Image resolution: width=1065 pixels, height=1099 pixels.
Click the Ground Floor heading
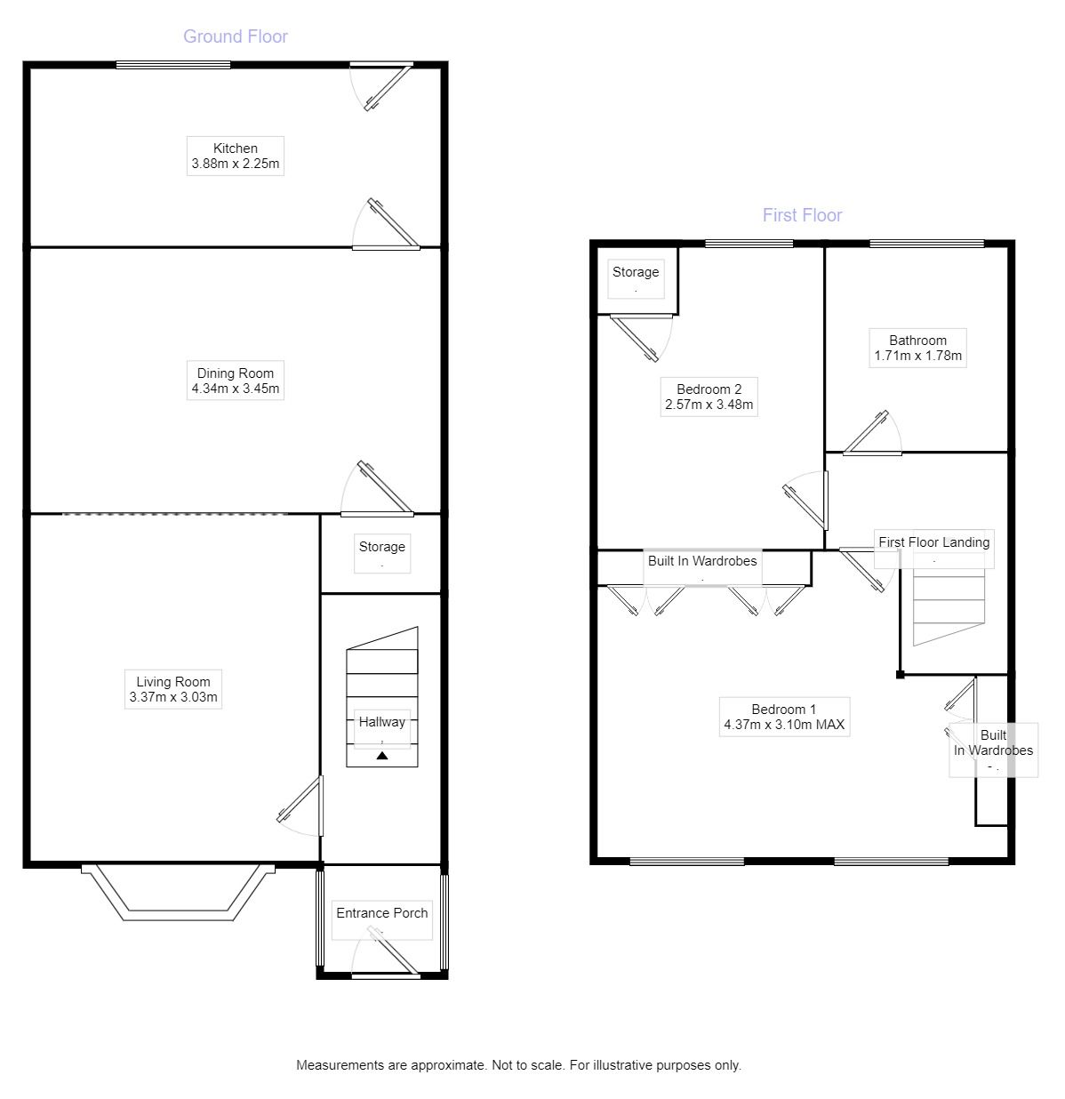(236, 36)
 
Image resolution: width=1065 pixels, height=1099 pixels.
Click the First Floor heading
(802, 215)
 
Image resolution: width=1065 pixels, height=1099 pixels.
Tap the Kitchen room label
(236, 148)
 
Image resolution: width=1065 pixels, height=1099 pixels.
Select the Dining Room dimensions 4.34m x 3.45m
(236, 389)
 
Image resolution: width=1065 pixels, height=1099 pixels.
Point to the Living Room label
(173, 682)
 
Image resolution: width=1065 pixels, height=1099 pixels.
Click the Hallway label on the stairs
(381, 722)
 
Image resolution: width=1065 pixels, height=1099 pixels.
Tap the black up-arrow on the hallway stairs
(382, 756)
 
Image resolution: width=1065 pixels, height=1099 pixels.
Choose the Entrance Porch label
(381, 913)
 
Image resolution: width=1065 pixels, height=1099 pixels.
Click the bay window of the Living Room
(178, 894)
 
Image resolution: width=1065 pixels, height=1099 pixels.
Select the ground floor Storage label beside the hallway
(381, 547)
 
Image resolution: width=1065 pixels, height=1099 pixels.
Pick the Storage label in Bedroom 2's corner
(636, 272)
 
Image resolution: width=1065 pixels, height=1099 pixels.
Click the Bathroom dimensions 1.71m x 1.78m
(918, 356)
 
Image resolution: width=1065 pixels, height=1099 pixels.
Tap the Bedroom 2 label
(709, 389)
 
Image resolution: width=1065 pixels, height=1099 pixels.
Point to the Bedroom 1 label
(784, 710)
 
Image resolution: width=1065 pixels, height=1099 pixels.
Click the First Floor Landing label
(933, 542)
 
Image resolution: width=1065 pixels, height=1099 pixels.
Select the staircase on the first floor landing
(949, 609)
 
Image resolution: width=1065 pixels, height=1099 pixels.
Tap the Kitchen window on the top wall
(173, 64)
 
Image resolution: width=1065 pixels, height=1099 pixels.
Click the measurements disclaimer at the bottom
(518, 1065)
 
